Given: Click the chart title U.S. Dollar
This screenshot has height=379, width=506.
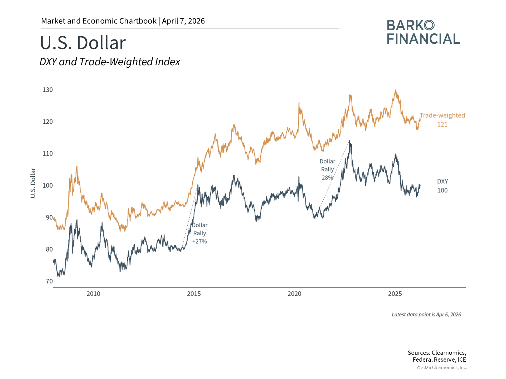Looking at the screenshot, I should (x=83, y=43).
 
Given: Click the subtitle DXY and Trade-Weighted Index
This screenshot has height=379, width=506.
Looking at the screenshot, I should (x=110, y=62).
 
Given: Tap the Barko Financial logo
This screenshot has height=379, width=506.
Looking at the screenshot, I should (x=423, y=32).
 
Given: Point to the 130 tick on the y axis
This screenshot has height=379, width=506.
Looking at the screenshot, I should (x=48, y=90).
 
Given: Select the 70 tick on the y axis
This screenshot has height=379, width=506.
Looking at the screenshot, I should (x=49, y=281).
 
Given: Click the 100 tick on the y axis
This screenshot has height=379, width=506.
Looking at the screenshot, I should (x=48, y=185).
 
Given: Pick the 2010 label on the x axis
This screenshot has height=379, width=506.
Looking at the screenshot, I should (x=93, y=294).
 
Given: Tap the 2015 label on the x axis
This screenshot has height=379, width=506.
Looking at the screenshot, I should (x=194, y=294).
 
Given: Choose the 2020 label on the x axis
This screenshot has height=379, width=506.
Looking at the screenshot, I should (x=294, y=294).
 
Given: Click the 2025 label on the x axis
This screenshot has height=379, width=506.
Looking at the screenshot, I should (x=395, y=294).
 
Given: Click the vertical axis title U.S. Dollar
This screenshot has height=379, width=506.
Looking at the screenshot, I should (x=33, y=183).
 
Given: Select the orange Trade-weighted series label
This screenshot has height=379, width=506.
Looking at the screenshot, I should (x=442, y=115).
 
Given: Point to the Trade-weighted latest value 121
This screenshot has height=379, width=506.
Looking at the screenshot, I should (x=442, y=124).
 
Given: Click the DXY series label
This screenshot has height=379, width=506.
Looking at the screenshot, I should (x=442, y=181).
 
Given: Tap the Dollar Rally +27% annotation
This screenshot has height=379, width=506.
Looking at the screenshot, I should (x=200, y=233).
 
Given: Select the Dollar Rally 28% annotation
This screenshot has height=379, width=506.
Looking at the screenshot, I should (x=327, y=169).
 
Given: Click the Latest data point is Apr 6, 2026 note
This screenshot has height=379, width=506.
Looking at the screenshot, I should (x=426, y=315).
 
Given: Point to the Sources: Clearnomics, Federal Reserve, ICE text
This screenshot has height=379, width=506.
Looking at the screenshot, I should (x=437, y=356).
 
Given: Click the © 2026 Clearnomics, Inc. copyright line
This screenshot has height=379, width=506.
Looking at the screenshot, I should (x=441, y=367).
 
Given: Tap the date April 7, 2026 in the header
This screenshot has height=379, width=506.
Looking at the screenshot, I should (x=183, y=21).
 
